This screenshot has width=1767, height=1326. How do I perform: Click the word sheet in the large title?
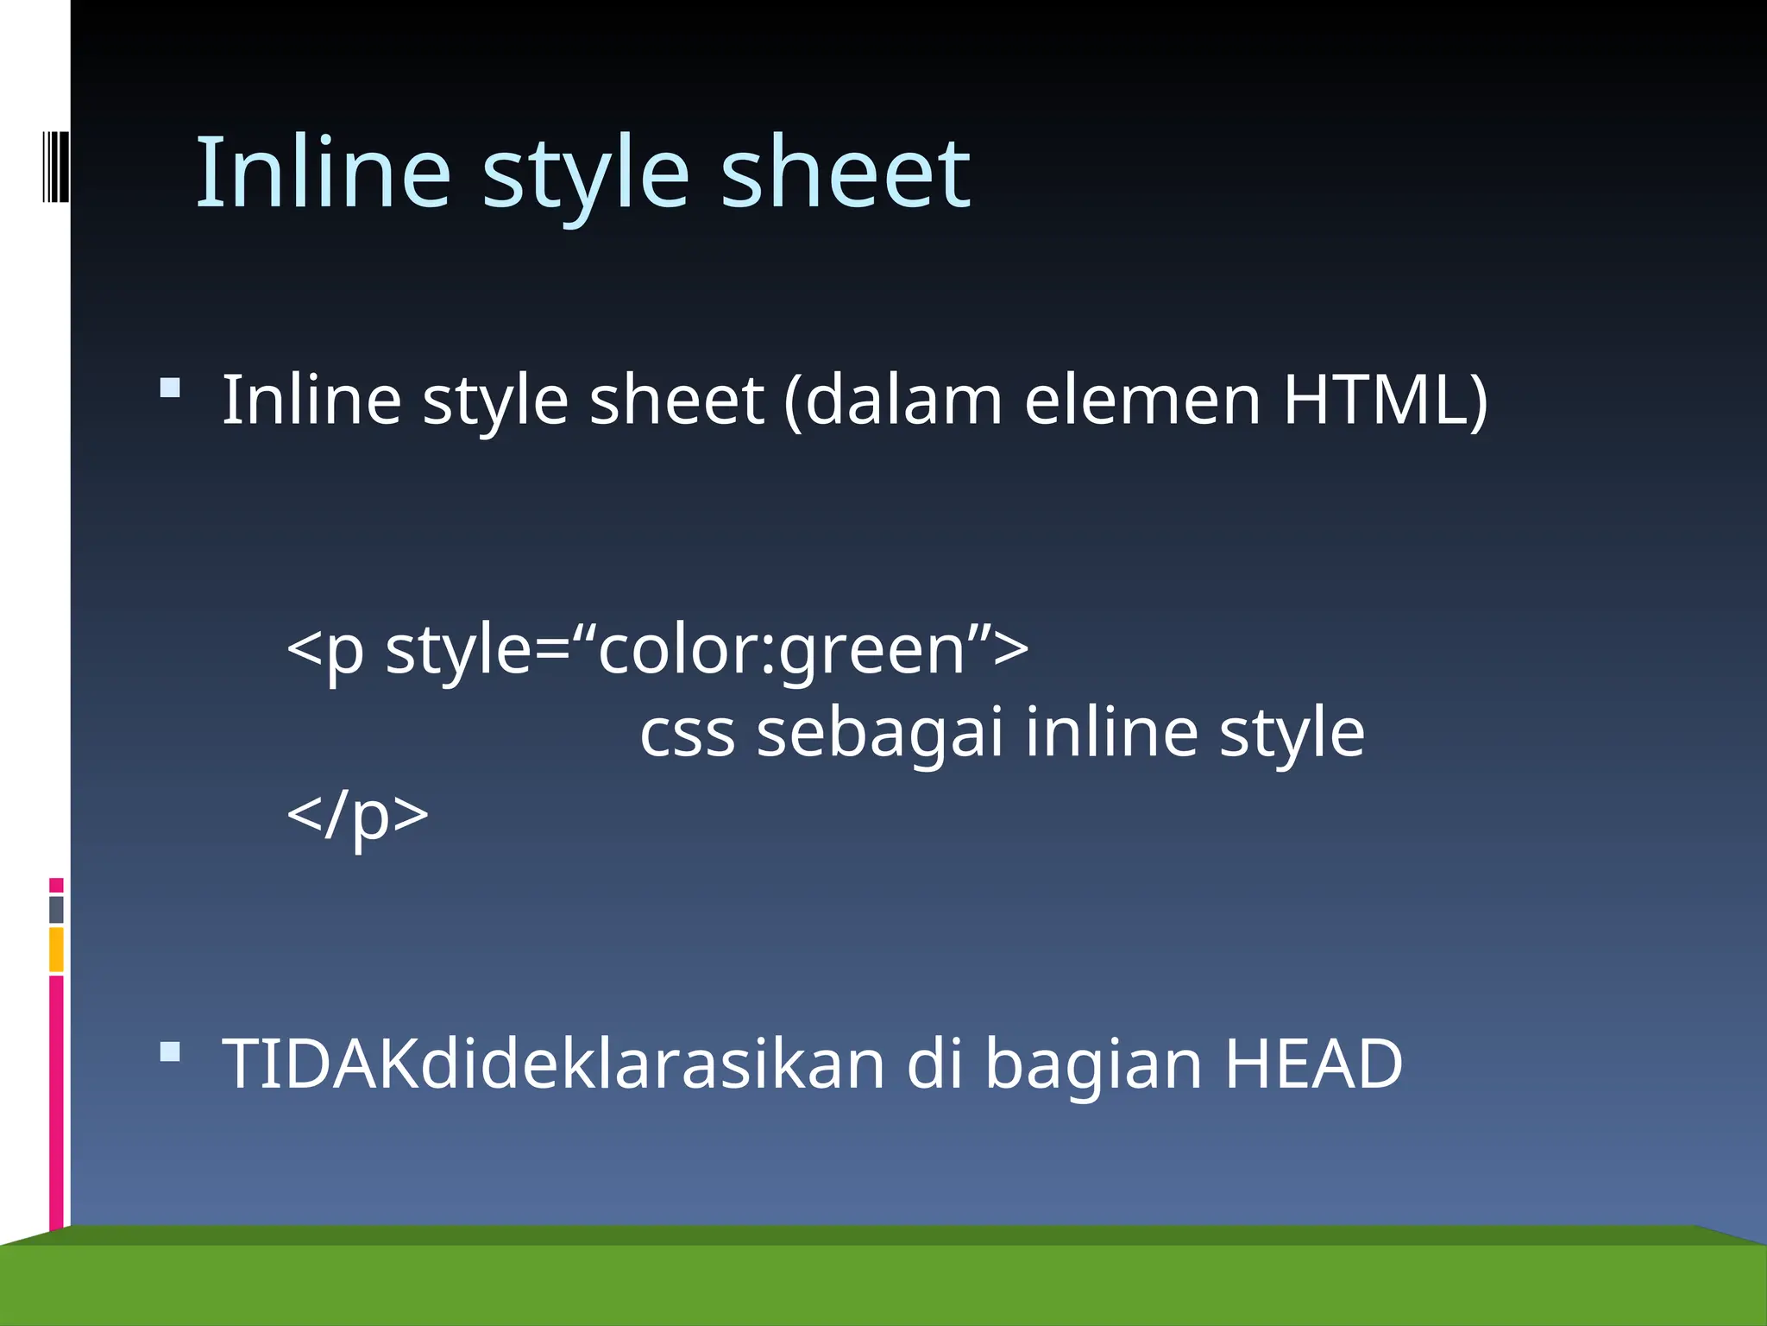click(x=845, y=172)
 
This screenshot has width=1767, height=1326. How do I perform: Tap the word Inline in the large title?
click(x=324, y=172)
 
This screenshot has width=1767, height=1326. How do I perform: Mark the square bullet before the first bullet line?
click(x=170, y=388)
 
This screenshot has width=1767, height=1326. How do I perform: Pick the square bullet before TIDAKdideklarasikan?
click(x=170, y=1051)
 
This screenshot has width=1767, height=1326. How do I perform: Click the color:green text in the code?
click(x=781, y=649)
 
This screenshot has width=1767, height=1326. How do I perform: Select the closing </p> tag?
click(x=357, y=814)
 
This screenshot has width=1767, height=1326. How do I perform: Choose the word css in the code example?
click(x=687, y=732)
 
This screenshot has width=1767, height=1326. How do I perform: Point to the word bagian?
click(x=1093, y=1064)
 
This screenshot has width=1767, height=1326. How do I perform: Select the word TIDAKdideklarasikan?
click(x=553, y=1064)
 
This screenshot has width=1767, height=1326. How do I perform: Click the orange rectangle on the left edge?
click(x=56, y=949)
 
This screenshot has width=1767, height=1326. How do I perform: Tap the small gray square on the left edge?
click(x=56, y=909)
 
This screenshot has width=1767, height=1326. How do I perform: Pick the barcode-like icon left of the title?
click(x=55, y=166)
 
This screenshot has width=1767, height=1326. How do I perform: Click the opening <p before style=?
click(x=325, y=649)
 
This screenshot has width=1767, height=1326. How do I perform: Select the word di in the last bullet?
click(x=934, y=1064)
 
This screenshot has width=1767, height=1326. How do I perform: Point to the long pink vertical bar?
click(x=56, y=1101)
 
